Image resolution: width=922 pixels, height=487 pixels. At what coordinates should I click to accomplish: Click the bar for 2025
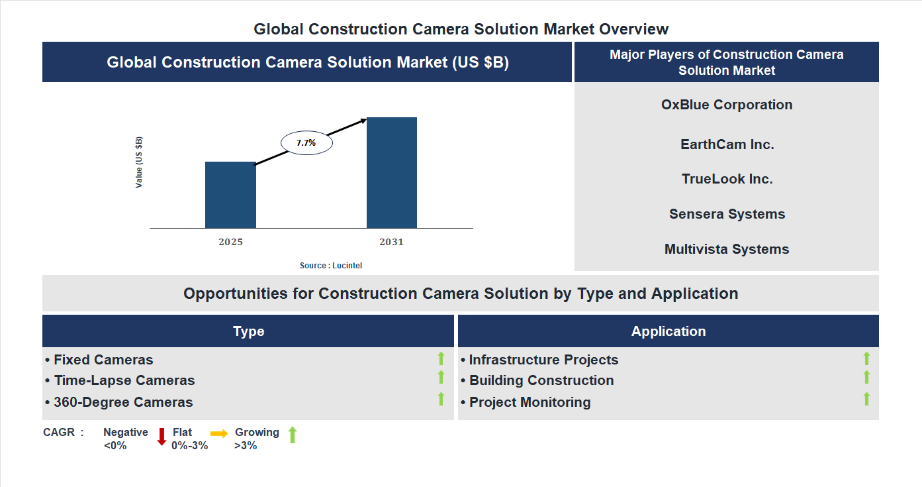coord(230,195)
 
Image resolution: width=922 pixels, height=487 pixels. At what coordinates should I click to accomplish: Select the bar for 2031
coord(392,173)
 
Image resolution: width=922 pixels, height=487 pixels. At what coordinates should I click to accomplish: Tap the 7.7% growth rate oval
coord(306,142)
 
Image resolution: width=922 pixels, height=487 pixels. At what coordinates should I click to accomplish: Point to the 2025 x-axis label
coord(230,242)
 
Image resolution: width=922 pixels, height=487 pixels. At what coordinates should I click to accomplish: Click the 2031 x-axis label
coord(391,242)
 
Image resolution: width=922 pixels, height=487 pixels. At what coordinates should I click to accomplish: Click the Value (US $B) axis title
coord(139,162)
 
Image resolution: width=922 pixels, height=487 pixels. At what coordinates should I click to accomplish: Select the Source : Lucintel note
coord(331,265)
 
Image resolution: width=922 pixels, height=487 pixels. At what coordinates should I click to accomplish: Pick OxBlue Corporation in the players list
coord(727,105)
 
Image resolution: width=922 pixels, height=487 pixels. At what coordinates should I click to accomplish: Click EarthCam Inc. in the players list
coord(727,144)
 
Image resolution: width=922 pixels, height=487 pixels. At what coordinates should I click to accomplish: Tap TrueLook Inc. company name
coord(727,179)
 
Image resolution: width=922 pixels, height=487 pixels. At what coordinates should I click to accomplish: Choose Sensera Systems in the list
coord(727,214)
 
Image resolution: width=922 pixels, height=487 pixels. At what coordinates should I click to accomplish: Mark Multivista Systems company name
coord(727,249)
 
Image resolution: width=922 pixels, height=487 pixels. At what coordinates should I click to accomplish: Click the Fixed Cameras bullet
coord(99,360)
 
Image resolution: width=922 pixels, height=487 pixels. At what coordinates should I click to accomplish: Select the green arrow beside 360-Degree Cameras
coord(441,399)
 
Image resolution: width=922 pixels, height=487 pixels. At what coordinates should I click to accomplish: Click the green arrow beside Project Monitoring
coord(866,399)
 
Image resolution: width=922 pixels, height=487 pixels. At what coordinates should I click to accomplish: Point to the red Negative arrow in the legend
coord(161,437)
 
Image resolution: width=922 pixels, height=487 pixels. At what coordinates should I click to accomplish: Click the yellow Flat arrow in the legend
coord(219,434)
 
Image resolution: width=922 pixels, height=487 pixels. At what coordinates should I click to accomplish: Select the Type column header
coord(248,331)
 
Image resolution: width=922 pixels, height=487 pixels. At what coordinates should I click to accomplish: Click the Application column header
coord(668,331)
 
